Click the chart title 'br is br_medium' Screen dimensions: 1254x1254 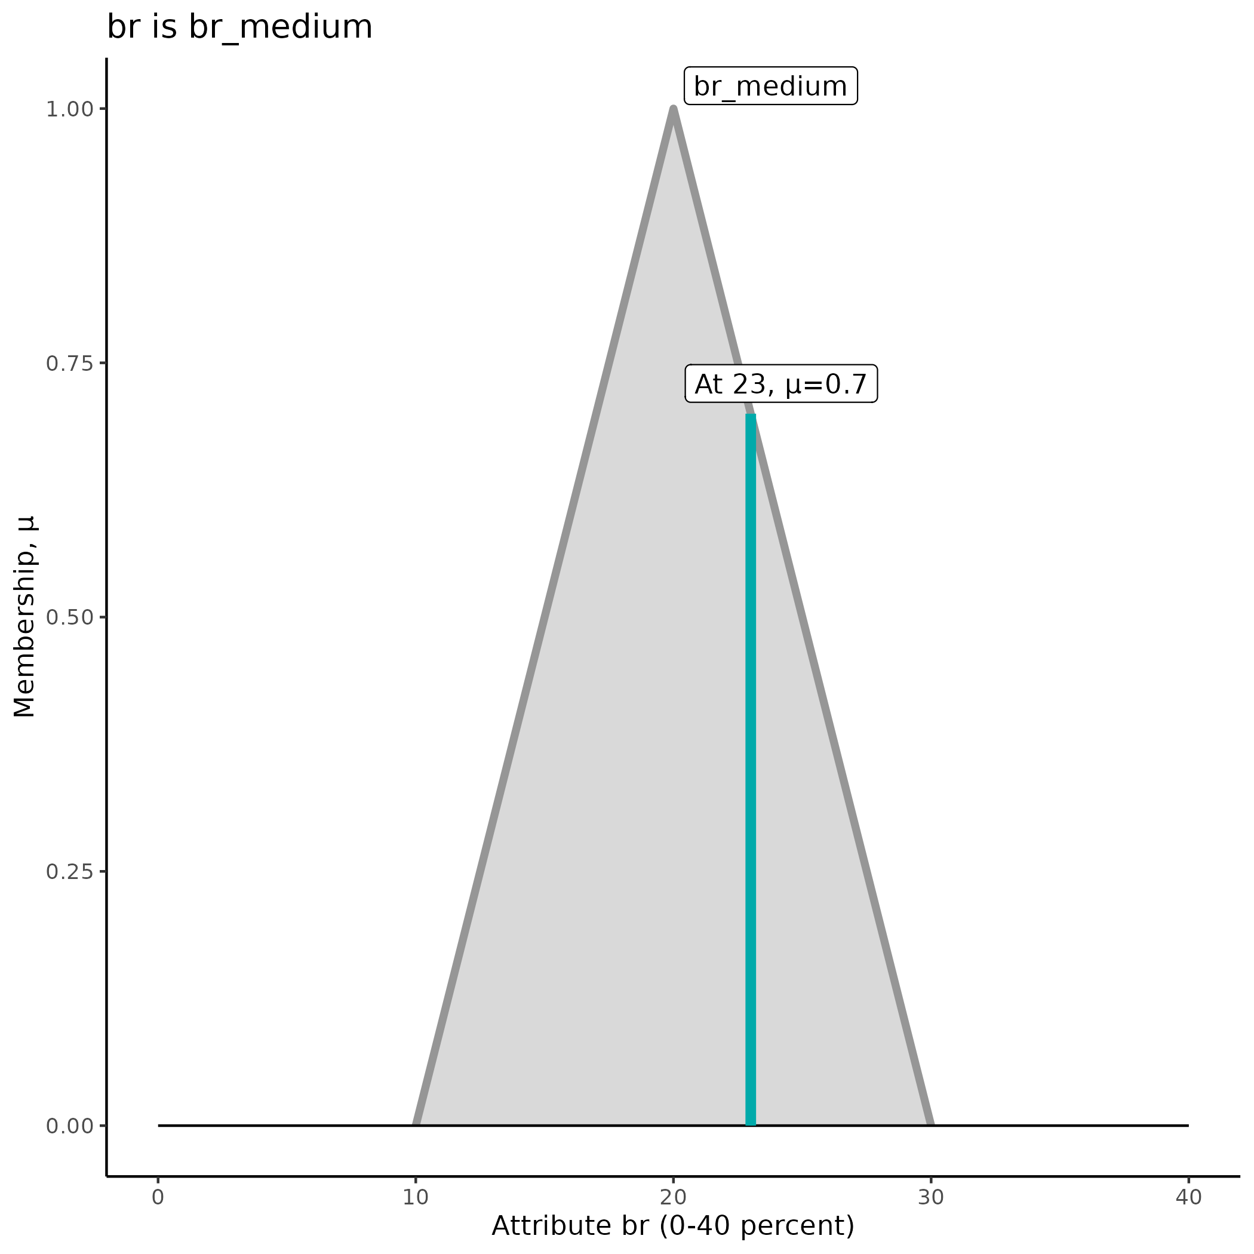click(x=239, y=28)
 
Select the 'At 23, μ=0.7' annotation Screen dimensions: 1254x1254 click(x=780, y=384)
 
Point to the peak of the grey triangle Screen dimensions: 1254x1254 click(x=673, y=110)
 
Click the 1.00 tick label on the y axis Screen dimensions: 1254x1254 click(x=70, y=109)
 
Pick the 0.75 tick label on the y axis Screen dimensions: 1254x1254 click(x=70, y=364)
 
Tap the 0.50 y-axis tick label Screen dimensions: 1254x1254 click(x=70, y=617)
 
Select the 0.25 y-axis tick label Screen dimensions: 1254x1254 click(x=70, y=872)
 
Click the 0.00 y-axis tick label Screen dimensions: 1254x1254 click(x=70, y=1126)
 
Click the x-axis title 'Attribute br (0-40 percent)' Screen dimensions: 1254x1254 click(x=673, y=1226)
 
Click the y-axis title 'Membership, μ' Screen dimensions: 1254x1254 click(x=24, y=617)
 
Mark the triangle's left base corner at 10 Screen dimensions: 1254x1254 click(x=416, y=1124)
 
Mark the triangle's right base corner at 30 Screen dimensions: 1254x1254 click(x=930, y=1124)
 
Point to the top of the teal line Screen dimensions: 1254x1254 click(x=751, y=416)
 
